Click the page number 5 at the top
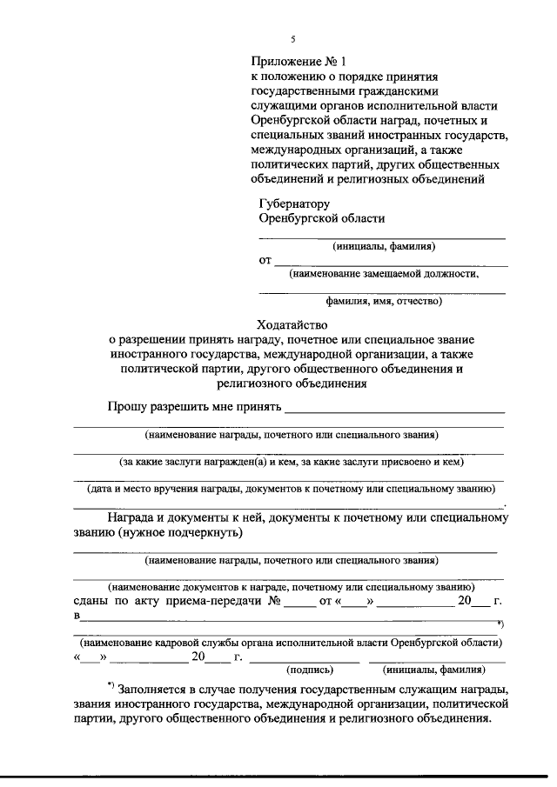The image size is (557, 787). pyautogui.click(x=293, y=39)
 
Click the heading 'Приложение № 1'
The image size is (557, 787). pyautogui.click(x=299, y=62)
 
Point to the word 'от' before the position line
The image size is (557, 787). pyautogui.click(x=265, y=260)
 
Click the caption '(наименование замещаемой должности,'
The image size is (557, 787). pyautogui.click(x=384, y=273)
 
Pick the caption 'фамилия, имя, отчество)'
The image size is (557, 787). pyautogui.click(x=384, y=302)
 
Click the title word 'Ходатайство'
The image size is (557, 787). pyautogui.click(x=295, y=324)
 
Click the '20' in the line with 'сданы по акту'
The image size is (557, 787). pyautogui.click(x=466, y=601)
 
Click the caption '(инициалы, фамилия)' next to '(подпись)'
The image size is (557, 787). pyautogui.click(x=433, y=670)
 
